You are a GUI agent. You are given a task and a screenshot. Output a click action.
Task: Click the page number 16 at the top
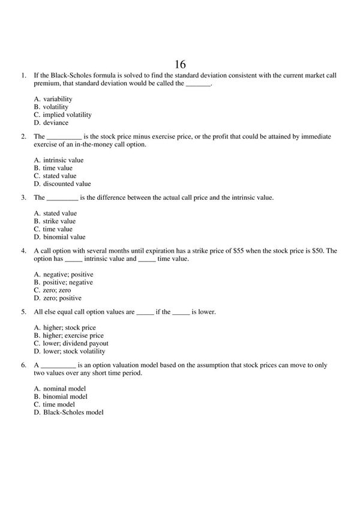pyautogui.click(x=181, y=63)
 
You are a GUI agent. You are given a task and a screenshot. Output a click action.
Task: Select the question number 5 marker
pyautogui.click(x=23, y=313)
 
